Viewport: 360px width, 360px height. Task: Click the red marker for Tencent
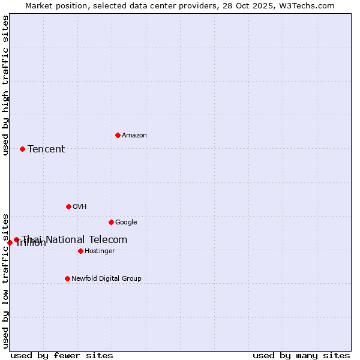click(x=22, y=149)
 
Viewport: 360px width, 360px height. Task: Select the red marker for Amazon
click(x=118, y=135)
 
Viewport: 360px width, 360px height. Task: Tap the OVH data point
click(x=68, y=206)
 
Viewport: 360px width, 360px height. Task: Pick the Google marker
click(x=111, y=222)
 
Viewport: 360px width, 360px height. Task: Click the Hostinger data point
click(x=80, y=251)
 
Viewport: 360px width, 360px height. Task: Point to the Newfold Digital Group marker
click(x=67, y=278)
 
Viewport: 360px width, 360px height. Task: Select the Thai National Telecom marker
click(x=17, y=239)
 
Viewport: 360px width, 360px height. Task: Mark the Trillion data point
click(x=10, y=242)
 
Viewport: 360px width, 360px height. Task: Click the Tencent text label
click(x=46, y=149)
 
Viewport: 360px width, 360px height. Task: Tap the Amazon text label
click(x=134, y=135)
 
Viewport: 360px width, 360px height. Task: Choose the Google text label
click(x=126, y=222)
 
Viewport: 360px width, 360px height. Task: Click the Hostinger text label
click(x=100, y=251)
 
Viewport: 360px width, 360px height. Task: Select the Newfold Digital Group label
click(x=106, y=278)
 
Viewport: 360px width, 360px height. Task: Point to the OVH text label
click(x=80, y=206)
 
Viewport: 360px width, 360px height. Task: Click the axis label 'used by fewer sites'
click(x=62, y=355)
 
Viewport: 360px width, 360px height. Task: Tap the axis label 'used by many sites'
click(x=301, y=355)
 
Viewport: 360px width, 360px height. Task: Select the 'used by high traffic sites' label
click(x=5, y=85)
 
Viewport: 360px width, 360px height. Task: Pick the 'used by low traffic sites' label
click(x=5, y=280)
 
